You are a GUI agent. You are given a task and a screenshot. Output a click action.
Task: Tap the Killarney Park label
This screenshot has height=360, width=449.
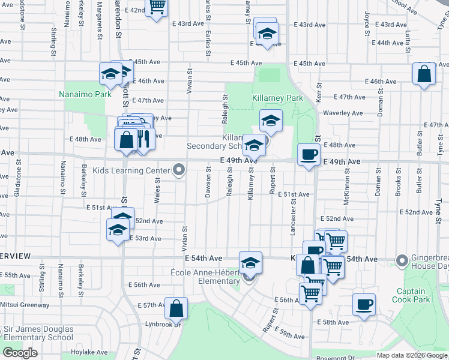click(x=277, y=98)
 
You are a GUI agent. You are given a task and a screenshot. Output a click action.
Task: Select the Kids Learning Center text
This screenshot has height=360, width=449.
click(x=127, y=171)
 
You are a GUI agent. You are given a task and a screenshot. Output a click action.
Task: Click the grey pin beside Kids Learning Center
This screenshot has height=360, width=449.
click(x=178, y=172)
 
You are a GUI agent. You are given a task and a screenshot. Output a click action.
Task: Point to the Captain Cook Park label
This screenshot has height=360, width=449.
click(x=411, y=295)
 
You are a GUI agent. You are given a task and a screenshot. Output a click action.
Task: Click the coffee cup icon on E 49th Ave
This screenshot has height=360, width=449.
click(x=309, y=155)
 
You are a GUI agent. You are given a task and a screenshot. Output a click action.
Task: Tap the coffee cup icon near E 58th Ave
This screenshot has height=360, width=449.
click(x=364, y=304)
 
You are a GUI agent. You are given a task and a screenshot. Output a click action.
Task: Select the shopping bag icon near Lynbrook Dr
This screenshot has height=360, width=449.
click(x=176, y=308)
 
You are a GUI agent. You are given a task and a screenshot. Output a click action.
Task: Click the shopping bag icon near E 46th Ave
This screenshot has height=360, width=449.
click(x=424, y=74)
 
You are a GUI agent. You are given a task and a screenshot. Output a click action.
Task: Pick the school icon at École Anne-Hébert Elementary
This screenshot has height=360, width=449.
click(x=250, y=263)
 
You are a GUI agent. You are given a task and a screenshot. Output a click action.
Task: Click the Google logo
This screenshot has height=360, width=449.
click(x=20, y=353)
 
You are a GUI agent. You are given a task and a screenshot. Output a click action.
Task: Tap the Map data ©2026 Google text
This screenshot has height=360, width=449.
click(x=411, y=355)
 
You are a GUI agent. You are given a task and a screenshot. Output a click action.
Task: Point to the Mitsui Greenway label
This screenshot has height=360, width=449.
click(x=25, y=305)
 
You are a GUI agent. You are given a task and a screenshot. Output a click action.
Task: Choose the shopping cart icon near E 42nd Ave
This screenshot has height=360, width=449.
click(x=157, y=6)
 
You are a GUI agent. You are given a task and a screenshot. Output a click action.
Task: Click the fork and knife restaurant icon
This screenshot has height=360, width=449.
click(x=143, y=140)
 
